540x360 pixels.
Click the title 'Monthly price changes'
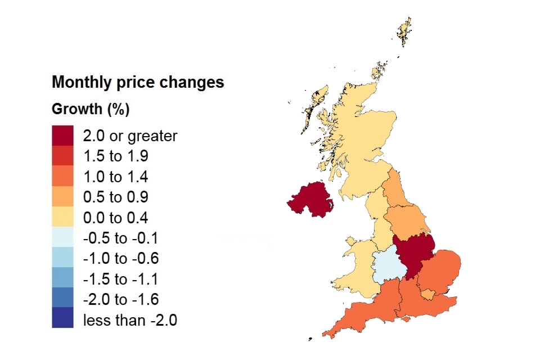point(138,82)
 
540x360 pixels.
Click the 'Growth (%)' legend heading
point(91,109)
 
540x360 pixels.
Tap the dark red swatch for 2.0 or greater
point(62,136)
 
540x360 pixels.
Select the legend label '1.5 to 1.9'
point(115,156)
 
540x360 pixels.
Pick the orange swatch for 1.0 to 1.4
point(62,177)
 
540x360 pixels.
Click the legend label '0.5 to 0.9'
point(115,197)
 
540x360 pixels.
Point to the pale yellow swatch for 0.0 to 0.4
point(62,218)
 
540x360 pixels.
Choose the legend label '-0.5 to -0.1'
point(120,238)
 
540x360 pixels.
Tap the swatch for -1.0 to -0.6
point(62,259)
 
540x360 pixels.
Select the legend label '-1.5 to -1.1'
point(120,280)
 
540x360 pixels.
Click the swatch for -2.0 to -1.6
point(62,300)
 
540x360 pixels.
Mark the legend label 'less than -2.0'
point(130,321)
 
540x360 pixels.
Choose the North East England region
point(397,191)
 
